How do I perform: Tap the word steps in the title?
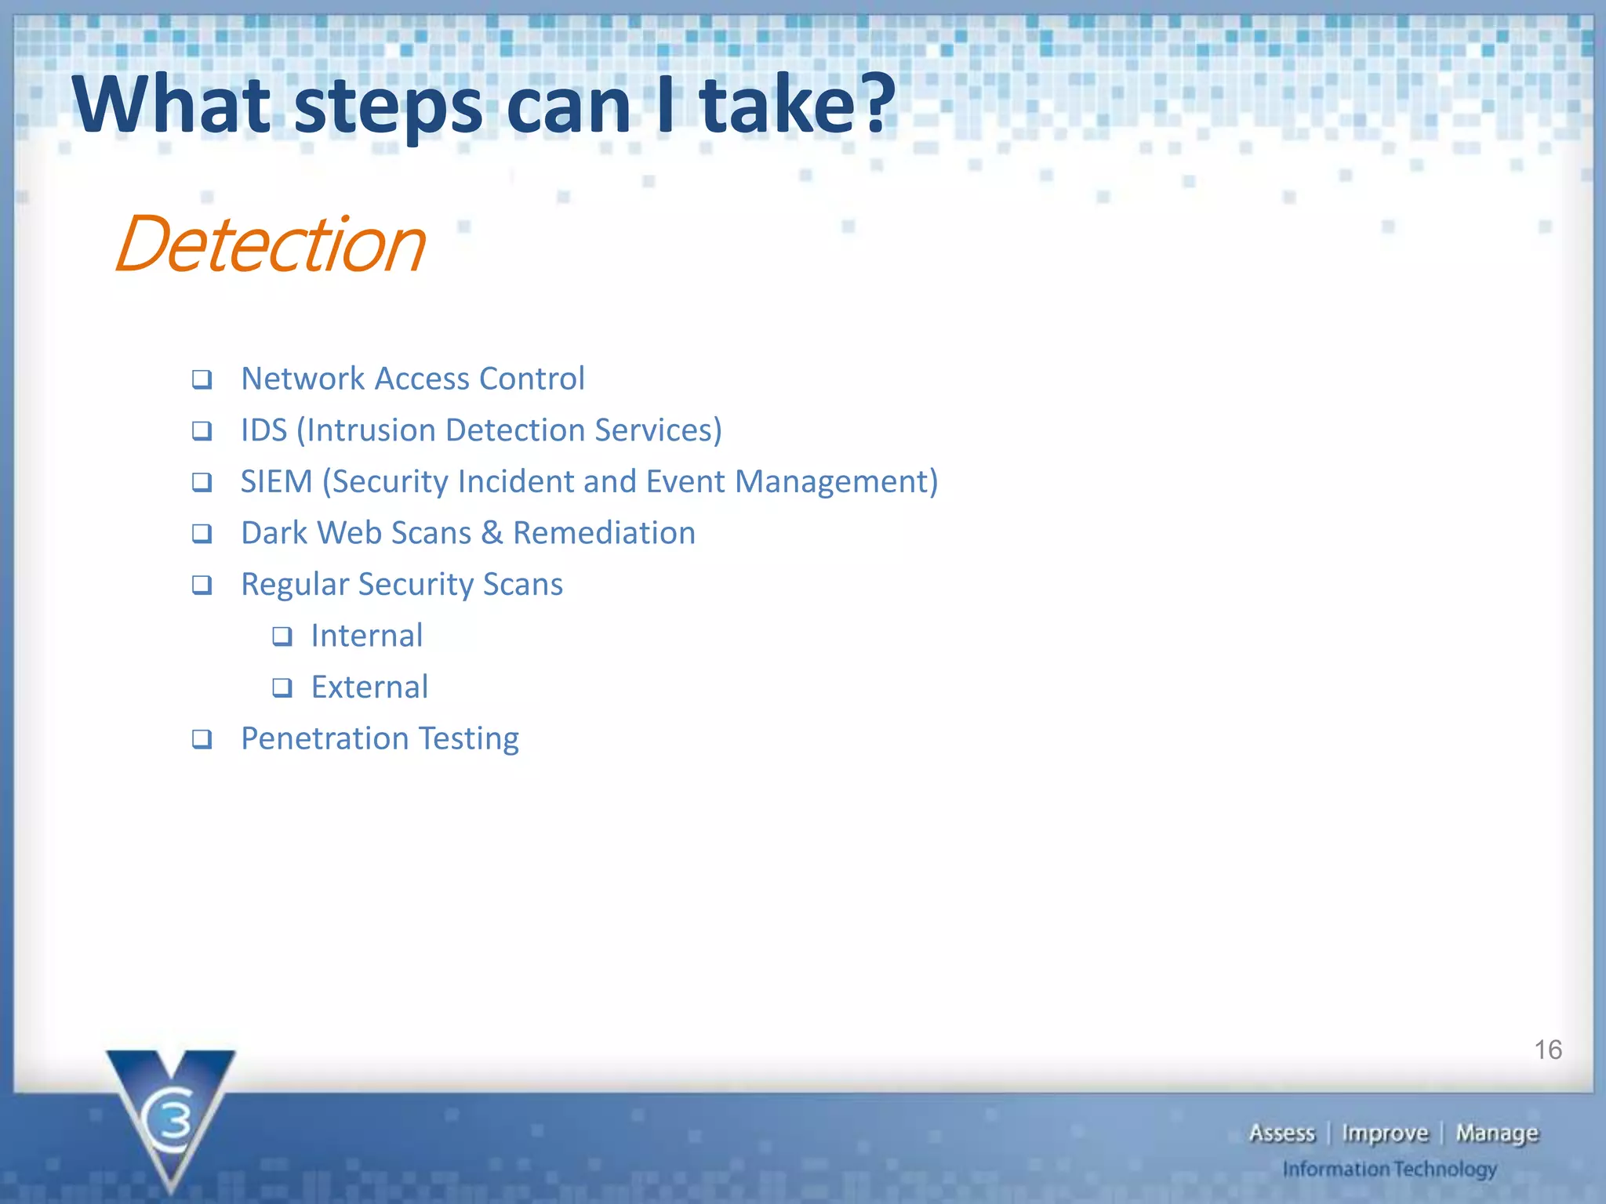(388, 106)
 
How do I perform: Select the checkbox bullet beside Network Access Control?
(202, 379)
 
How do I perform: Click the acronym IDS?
(263, 430)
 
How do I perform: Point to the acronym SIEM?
(276, 481)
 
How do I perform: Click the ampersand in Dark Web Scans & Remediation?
(492, 533)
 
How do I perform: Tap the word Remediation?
(604, 533)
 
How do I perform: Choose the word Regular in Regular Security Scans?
(295, 585)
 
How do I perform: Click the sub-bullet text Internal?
(366, 636)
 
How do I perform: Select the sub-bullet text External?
(369, 687)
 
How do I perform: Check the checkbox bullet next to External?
(282, 688)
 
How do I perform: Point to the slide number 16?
(1547, 1050)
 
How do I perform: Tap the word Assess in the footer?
(1281, 1133)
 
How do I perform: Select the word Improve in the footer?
(1385, 1133)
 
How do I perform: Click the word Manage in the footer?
(1497, 1133)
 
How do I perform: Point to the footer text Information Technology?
(1389, 1169)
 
